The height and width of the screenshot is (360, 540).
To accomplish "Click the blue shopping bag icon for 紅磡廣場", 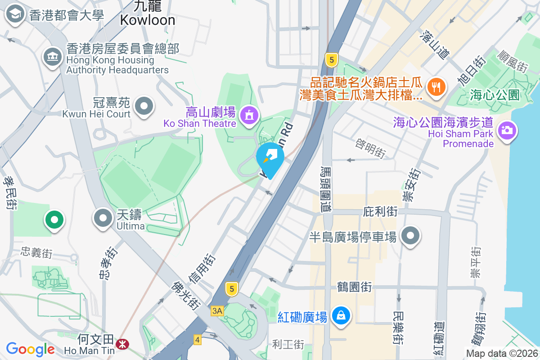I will click(x=342, y=315).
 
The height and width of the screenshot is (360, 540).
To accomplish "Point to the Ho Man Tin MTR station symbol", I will click(x=121, y=344).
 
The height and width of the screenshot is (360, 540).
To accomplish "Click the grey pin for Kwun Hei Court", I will click(x=144, y=107).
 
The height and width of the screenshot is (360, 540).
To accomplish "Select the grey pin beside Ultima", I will click(x=103, y=218).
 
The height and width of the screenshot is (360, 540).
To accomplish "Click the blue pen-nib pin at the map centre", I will click(x=270, y=157).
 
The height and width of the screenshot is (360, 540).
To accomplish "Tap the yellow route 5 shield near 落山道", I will click(x=331, y=59).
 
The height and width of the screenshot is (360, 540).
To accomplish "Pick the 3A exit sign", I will click(x=217, y=311).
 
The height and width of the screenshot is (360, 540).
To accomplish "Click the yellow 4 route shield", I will click(x=197, y=340).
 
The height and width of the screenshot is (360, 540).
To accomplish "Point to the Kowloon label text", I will click(x=147, y=20).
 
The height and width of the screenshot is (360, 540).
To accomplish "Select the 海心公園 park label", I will click(x=495, y=95).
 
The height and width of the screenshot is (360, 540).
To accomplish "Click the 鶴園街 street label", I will click(x=354, y=287).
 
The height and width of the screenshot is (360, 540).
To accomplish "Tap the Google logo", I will click(x=30, y=349).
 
